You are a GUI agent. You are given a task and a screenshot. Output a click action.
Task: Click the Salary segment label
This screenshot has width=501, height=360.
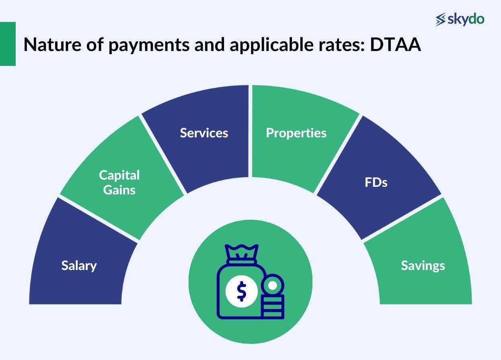click(x=79, y=266)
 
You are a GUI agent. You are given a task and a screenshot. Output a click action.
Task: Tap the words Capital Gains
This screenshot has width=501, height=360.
click(x=119, y=182)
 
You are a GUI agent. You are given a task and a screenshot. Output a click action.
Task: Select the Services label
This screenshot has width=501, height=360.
click(x=204, y=133)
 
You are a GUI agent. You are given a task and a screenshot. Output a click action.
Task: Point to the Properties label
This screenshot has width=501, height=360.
click(x=296, y=133)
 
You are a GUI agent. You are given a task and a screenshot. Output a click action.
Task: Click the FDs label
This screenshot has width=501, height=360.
click(x=376, y=182)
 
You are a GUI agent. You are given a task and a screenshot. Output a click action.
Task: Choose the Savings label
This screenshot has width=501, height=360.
click(x=423, y=266)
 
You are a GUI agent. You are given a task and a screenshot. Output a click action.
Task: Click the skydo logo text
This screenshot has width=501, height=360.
click(x=466, y=19)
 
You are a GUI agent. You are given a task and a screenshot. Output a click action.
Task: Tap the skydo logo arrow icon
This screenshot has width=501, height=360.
click(x=441, y=19)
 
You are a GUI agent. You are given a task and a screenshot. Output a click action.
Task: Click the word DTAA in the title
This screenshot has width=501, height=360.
click(x=395, y=45)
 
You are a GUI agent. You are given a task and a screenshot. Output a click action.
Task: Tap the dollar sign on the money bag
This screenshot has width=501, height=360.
click(x=241, y=291)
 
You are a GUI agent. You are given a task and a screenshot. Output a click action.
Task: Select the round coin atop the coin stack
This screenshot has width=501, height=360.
click(x=273, y=286)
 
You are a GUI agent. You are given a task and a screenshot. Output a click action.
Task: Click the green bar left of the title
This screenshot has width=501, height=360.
click(x=8, y=44)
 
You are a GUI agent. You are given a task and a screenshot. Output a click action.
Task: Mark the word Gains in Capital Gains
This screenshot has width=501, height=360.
click(x=119, y=190)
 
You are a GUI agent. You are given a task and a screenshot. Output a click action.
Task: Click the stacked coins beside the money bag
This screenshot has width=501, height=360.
click(x=273, y=307)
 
